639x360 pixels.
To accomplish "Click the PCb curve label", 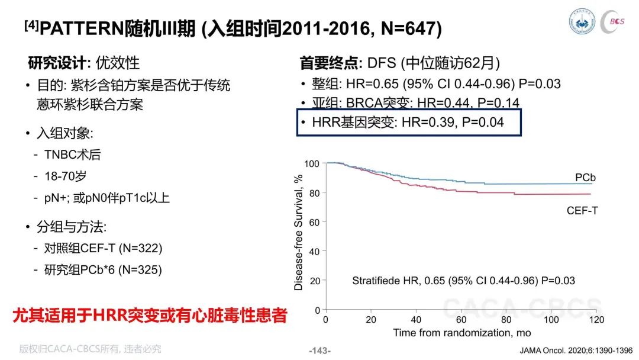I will coord(585,178).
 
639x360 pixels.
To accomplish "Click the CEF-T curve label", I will coord(582,210).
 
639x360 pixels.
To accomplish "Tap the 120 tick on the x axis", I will coord(596,320).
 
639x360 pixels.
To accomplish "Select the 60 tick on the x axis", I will coord(461,320).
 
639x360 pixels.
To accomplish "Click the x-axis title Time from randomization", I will coord(462,333).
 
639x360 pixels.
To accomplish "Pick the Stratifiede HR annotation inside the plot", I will coord(463,280).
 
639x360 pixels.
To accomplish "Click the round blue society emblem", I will coord(582,21).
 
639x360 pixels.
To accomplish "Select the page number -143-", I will coord(320,351).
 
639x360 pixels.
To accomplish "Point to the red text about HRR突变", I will coord(150,315).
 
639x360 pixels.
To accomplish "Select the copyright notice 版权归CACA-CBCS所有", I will coord(91,349).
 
